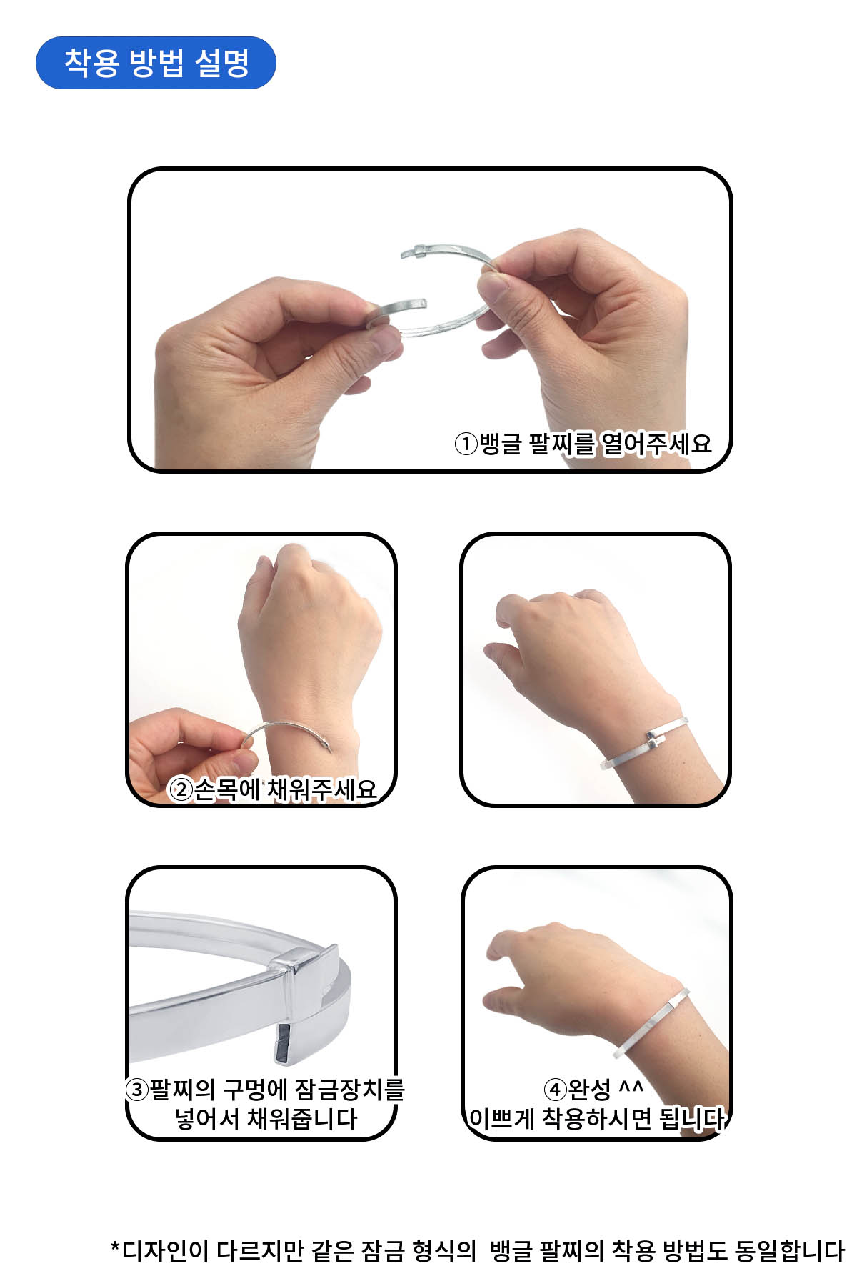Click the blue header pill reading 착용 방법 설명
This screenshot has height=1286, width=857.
pyautogui.click(x=156, y=63)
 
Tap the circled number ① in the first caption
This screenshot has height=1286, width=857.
pyautogui.click(x=466, y=444)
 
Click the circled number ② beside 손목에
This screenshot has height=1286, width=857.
pyautogui.click(x=181, y=789)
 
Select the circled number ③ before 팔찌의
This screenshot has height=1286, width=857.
pyautogui.click(x=136, y=1090)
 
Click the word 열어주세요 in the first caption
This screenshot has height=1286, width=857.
pyautogui.click(x=656, y=444)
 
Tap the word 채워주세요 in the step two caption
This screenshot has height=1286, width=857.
pyautogui.click(x=321, y=789)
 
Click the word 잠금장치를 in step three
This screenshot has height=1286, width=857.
pyautogui.click(x=349, y=1090)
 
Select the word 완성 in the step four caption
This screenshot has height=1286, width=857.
pyautogui.click(x=589, y=1090)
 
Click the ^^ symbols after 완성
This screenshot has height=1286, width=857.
pyautogui.click(x=631, y=1086)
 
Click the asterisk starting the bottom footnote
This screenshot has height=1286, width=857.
pyautogui.click(x=115, y=1247)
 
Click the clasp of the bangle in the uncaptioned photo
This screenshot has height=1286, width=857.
pyautogui.click(x=657, y=740)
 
